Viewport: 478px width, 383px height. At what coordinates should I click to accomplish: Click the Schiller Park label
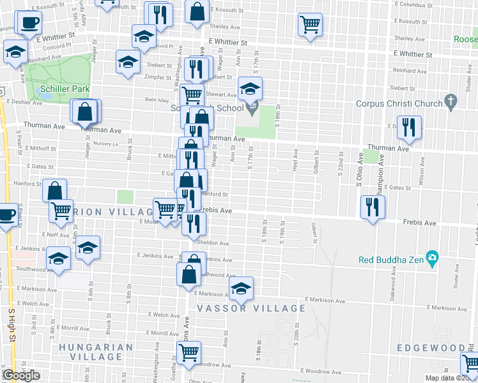[64, 89]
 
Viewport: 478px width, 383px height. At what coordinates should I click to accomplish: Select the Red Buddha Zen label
[391, 260]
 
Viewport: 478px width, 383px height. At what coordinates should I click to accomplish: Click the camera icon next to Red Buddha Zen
[433, 259]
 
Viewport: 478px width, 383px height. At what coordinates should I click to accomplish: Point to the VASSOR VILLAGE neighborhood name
[251, 308]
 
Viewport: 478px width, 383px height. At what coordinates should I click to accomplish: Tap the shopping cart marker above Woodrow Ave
[189, 352]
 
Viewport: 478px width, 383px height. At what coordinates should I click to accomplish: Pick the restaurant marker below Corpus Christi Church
[407, 127]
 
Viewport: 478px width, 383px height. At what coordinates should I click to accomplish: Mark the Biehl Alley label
[157, 100]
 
